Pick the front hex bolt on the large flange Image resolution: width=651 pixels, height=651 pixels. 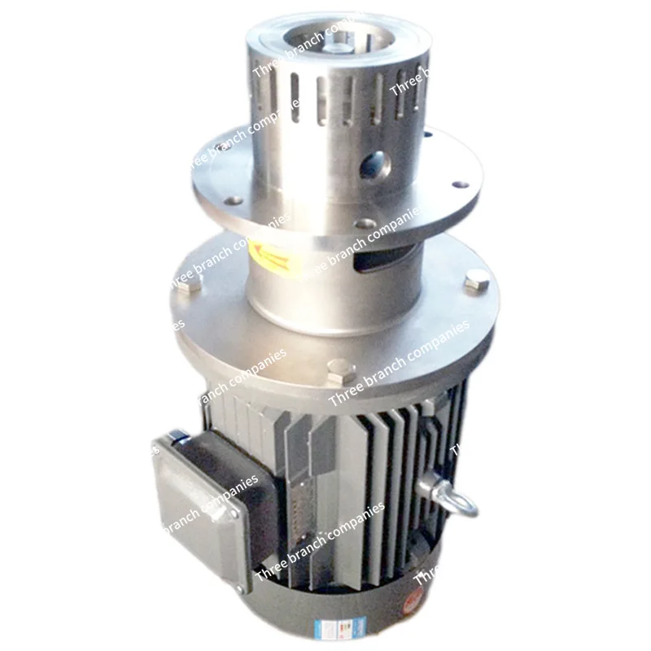coord(340,373)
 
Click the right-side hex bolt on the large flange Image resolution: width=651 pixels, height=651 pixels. coord(478,283)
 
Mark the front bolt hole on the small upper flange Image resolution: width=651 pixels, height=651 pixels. coord(365,223)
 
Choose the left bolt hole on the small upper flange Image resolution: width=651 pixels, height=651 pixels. coord(234,200)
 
